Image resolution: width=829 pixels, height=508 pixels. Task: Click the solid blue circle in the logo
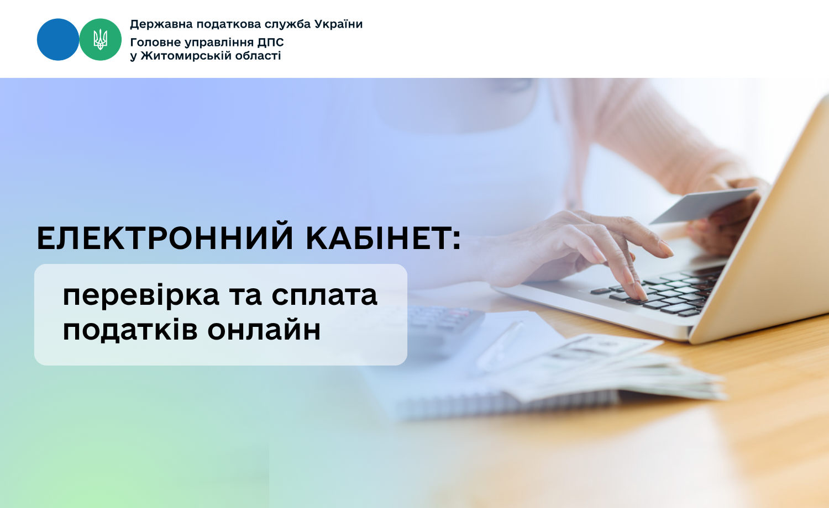(58, 40)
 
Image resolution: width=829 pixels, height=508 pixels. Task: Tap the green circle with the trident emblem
(100, 40)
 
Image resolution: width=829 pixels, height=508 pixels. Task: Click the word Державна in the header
(161, 24)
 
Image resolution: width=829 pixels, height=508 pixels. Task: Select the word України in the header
(338, 24)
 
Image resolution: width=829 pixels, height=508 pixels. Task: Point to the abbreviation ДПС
(271, 43)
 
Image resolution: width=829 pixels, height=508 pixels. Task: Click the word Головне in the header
(155, 43)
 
